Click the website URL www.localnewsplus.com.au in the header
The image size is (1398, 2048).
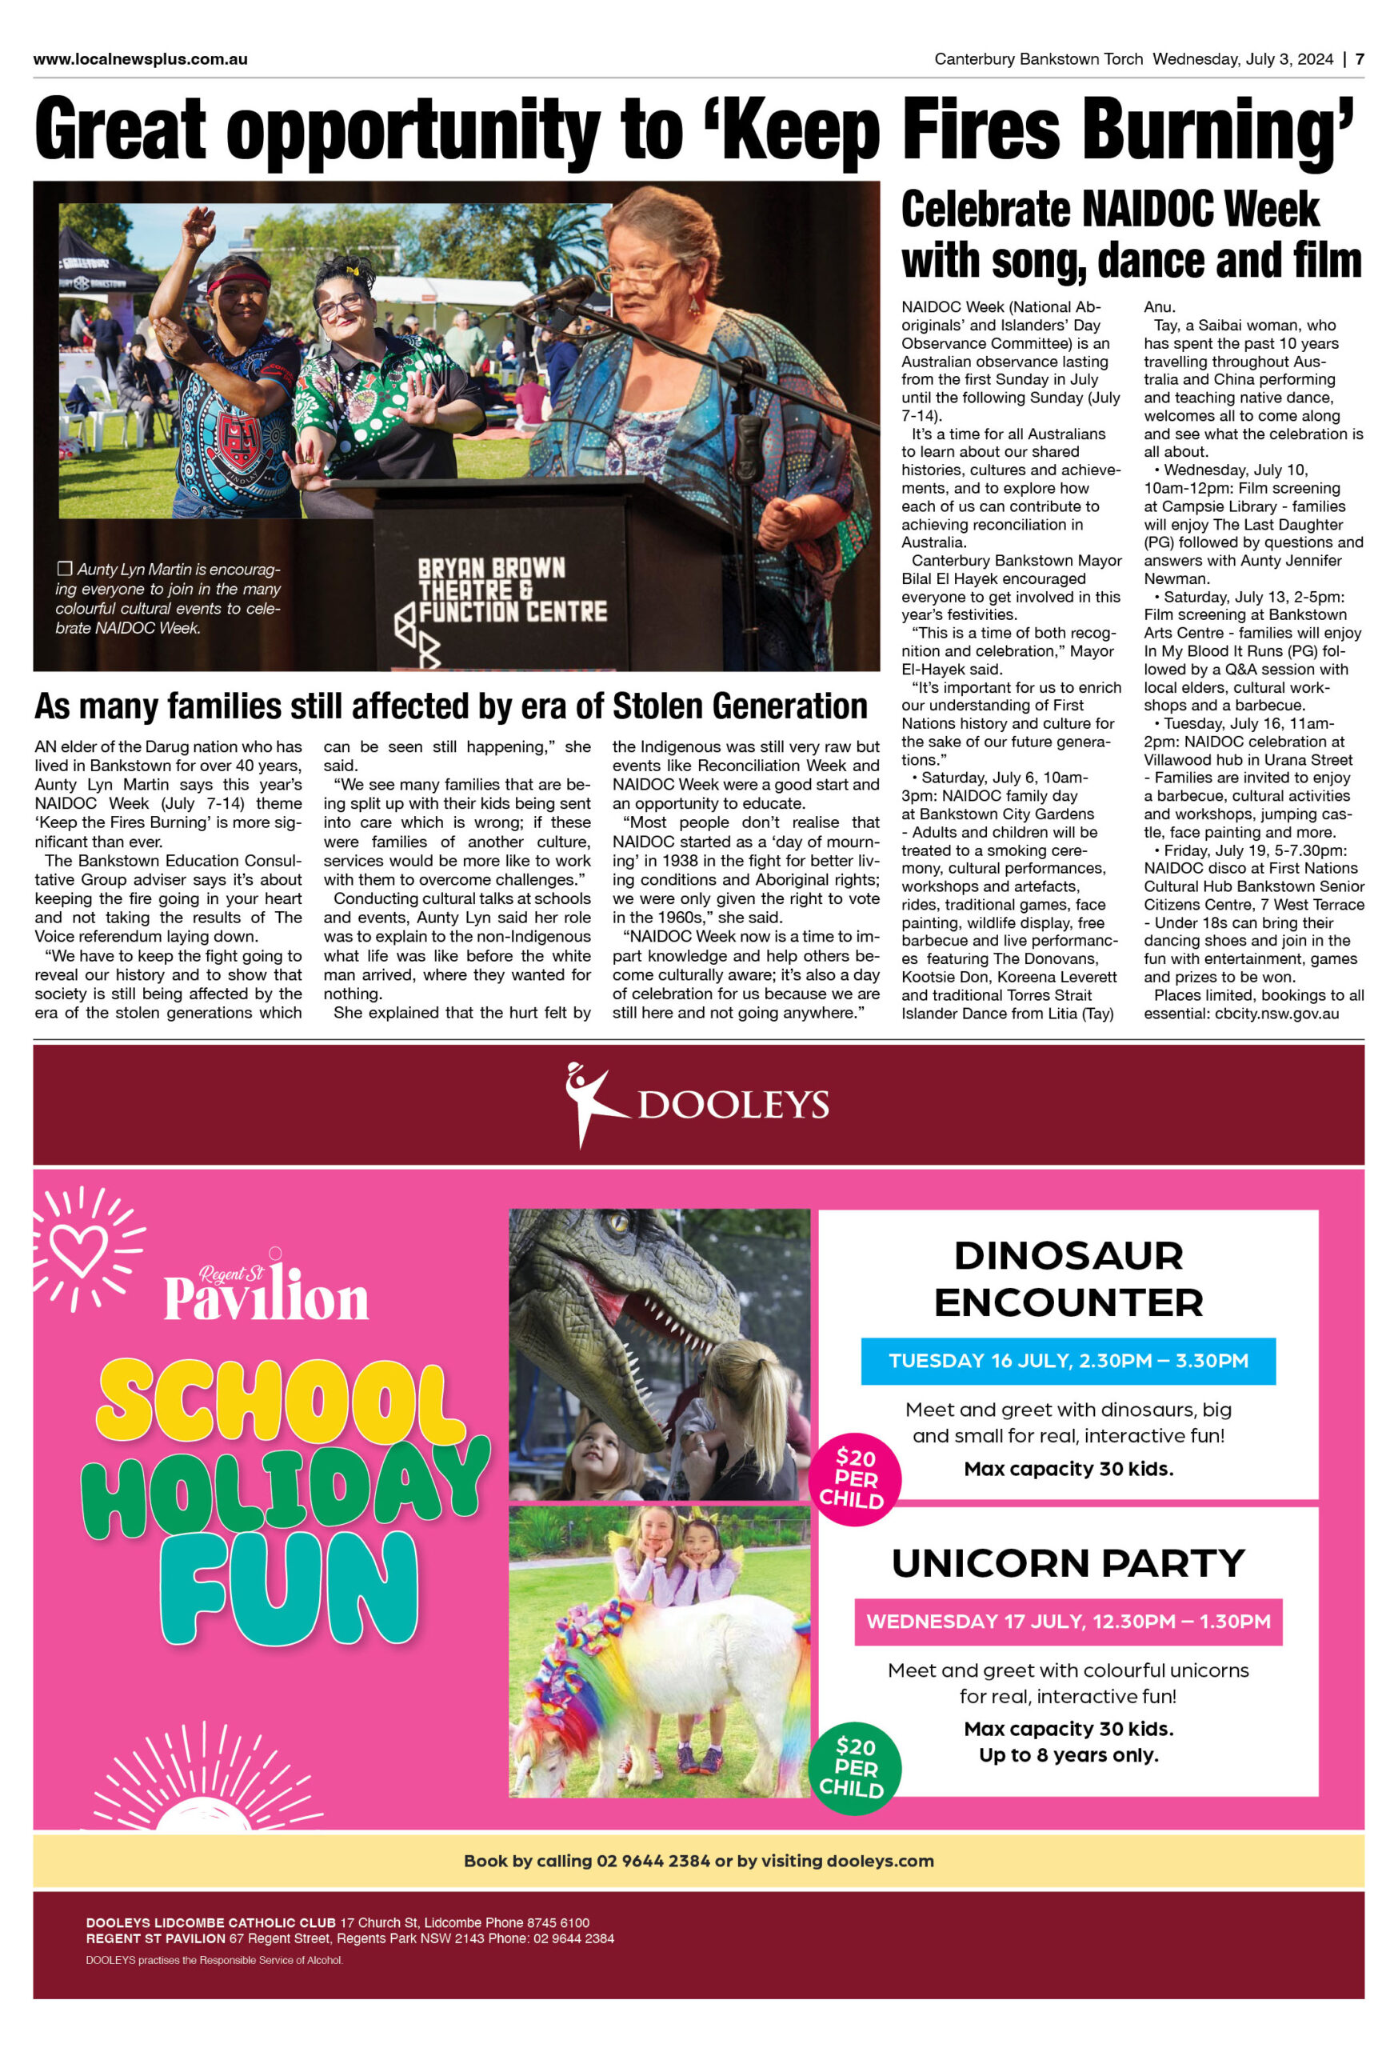pyautogui.click(x=140, y=59)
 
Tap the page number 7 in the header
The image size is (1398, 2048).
pyautogui.click(x=1360, y=59)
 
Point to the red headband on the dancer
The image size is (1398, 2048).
pyautogui.click(x=238, y=282)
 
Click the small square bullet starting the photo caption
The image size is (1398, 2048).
pyautogui.click(x=64, y=570)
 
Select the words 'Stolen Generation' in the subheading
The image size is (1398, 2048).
pyautogui.click(x=740, y=706)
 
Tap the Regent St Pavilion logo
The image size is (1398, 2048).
pyautogui.click(x=266, y=1291)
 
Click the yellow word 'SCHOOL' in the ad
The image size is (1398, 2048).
pyautogui.click(x=280, y=1400)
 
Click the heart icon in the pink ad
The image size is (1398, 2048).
pyautogui.click(x=80, y=1249)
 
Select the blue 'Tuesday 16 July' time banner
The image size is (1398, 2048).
pyautogui.click(x=1068, y=1361)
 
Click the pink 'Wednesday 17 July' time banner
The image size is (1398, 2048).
pyautogui.click(x=1068, y=1622)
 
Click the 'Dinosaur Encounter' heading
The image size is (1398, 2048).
pyautogui.click(x=1068, y=1278)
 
